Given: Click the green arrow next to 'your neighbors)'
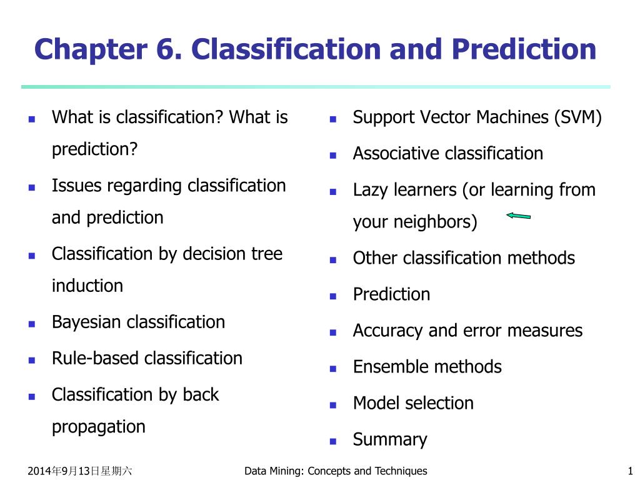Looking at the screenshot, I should tap(518, 216).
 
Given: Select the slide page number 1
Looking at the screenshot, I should tap(629, 471).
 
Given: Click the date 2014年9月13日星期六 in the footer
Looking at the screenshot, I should tap(80, 471).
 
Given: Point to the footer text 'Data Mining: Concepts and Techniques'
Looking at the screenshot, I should tap(336, 471).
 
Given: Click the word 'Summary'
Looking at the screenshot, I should tap(390, 440).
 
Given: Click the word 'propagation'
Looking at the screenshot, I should tap(98, 427).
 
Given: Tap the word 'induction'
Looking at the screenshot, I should tap(87, 286).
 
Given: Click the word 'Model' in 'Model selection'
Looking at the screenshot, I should tap(374, 404).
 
